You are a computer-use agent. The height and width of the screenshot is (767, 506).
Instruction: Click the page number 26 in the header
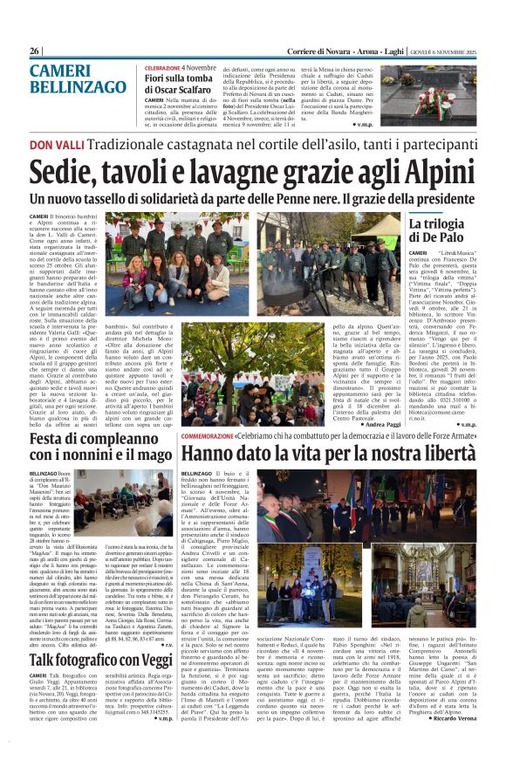tap(35, 51)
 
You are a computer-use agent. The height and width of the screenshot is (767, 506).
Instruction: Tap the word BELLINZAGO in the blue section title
tap(78, 89)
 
